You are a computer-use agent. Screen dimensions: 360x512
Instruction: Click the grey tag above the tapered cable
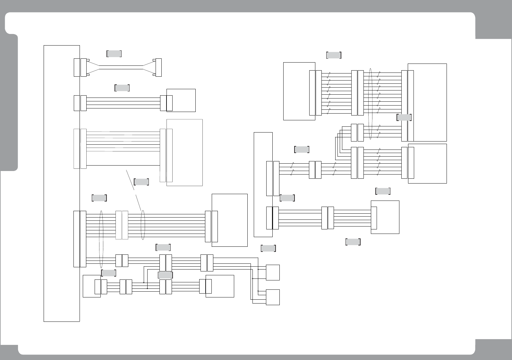114,54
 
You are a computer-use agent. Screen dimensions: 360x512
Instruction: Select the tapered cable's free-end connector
158,67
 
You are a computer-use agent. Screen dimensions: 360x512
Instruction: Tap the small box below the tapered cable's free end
181,100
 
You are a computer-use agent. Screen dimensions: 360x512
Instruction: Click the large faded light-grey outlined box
184,152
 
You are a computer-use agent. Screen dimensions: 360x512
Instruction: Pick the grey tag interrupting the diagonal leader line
141,182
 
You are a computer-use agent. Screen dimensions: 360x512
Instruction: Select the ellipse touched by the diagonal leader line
143,225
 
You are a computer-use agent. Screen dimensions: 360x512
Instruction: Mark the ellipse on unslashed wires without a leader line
101,239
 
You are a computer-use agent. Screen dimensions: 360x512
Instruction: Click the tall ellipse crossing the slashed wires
370,104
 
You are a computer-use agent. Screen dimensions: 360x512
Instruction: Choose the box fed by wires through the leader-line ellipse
230,220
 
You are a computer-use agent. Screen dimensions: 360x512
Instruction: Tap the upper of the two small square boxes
273,272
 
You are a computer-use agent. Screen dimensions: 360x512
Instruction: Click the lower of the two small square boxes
273,297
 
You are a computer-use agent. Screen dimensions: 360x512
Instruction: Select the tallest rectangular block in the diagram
62,183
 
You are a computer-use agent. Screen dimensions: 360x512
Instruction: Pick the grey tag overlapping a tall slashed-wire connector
404,117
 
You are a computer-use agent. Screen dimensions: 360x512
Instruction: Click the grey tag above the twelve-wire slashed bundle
334,55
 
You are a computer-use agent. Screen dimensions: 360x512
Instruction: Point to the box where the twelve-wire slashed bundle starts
299,91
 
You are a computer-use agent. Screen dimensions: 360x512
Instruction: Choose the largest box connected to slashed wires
427,102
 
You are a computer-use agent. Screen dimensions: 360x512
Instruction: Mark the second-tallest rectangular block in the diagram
263,184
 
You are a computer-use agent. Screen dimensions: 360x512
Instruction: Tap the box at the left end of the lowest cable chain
91,286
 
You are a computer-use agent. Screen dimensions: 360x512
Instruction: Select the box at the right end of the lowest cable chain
220,286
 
